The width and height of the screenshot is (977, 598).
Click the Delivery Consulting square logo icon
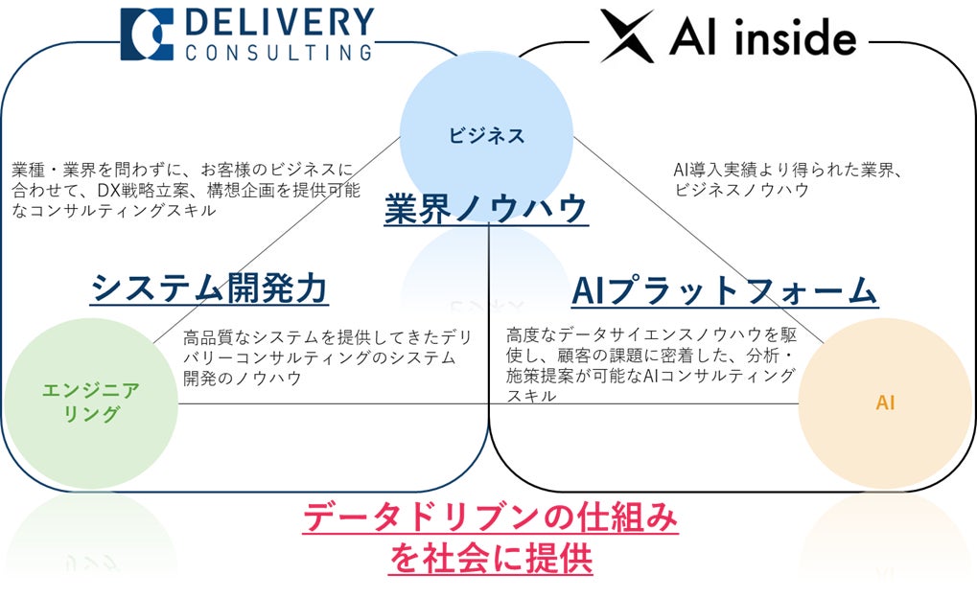pos(147,34)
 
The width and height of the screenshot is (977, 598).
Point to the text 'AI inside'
pos(763,37)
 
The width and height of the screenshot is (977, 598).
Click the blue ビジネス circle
pos(486,135)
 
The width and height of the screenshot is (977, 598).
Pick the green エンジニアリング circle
pos(91,402)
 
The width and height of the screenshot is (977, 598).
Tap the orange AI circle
pos(884,402)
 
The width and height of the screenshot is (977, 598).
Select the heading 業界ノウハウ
pos(485,209)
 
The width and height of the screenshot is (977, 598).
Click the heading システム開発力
pos(209,287)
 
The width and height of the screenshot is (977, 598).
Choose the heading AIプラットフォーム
pos(724,290)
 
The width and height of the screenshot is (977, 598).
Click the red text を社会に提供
pos(490,559)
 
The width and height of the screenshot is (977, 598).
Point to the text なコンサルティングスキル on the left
pos(113,211)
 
